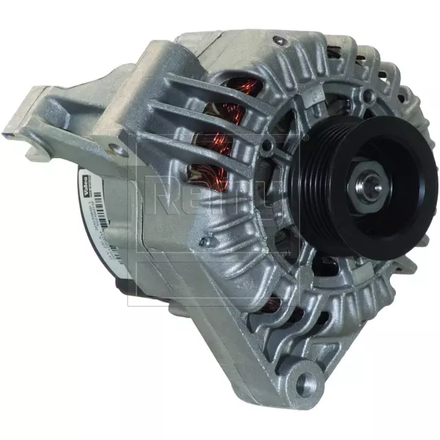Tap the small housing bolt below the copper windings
pyautogui.click(x=203, y=241)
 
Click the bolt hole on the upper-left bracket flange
pyautogui.click(x=113, y=146)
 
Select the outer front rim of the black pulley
pyautogui.click(x=412, y=206)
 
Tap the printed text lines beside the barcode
pyautogui.click(x=110, y=220)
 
